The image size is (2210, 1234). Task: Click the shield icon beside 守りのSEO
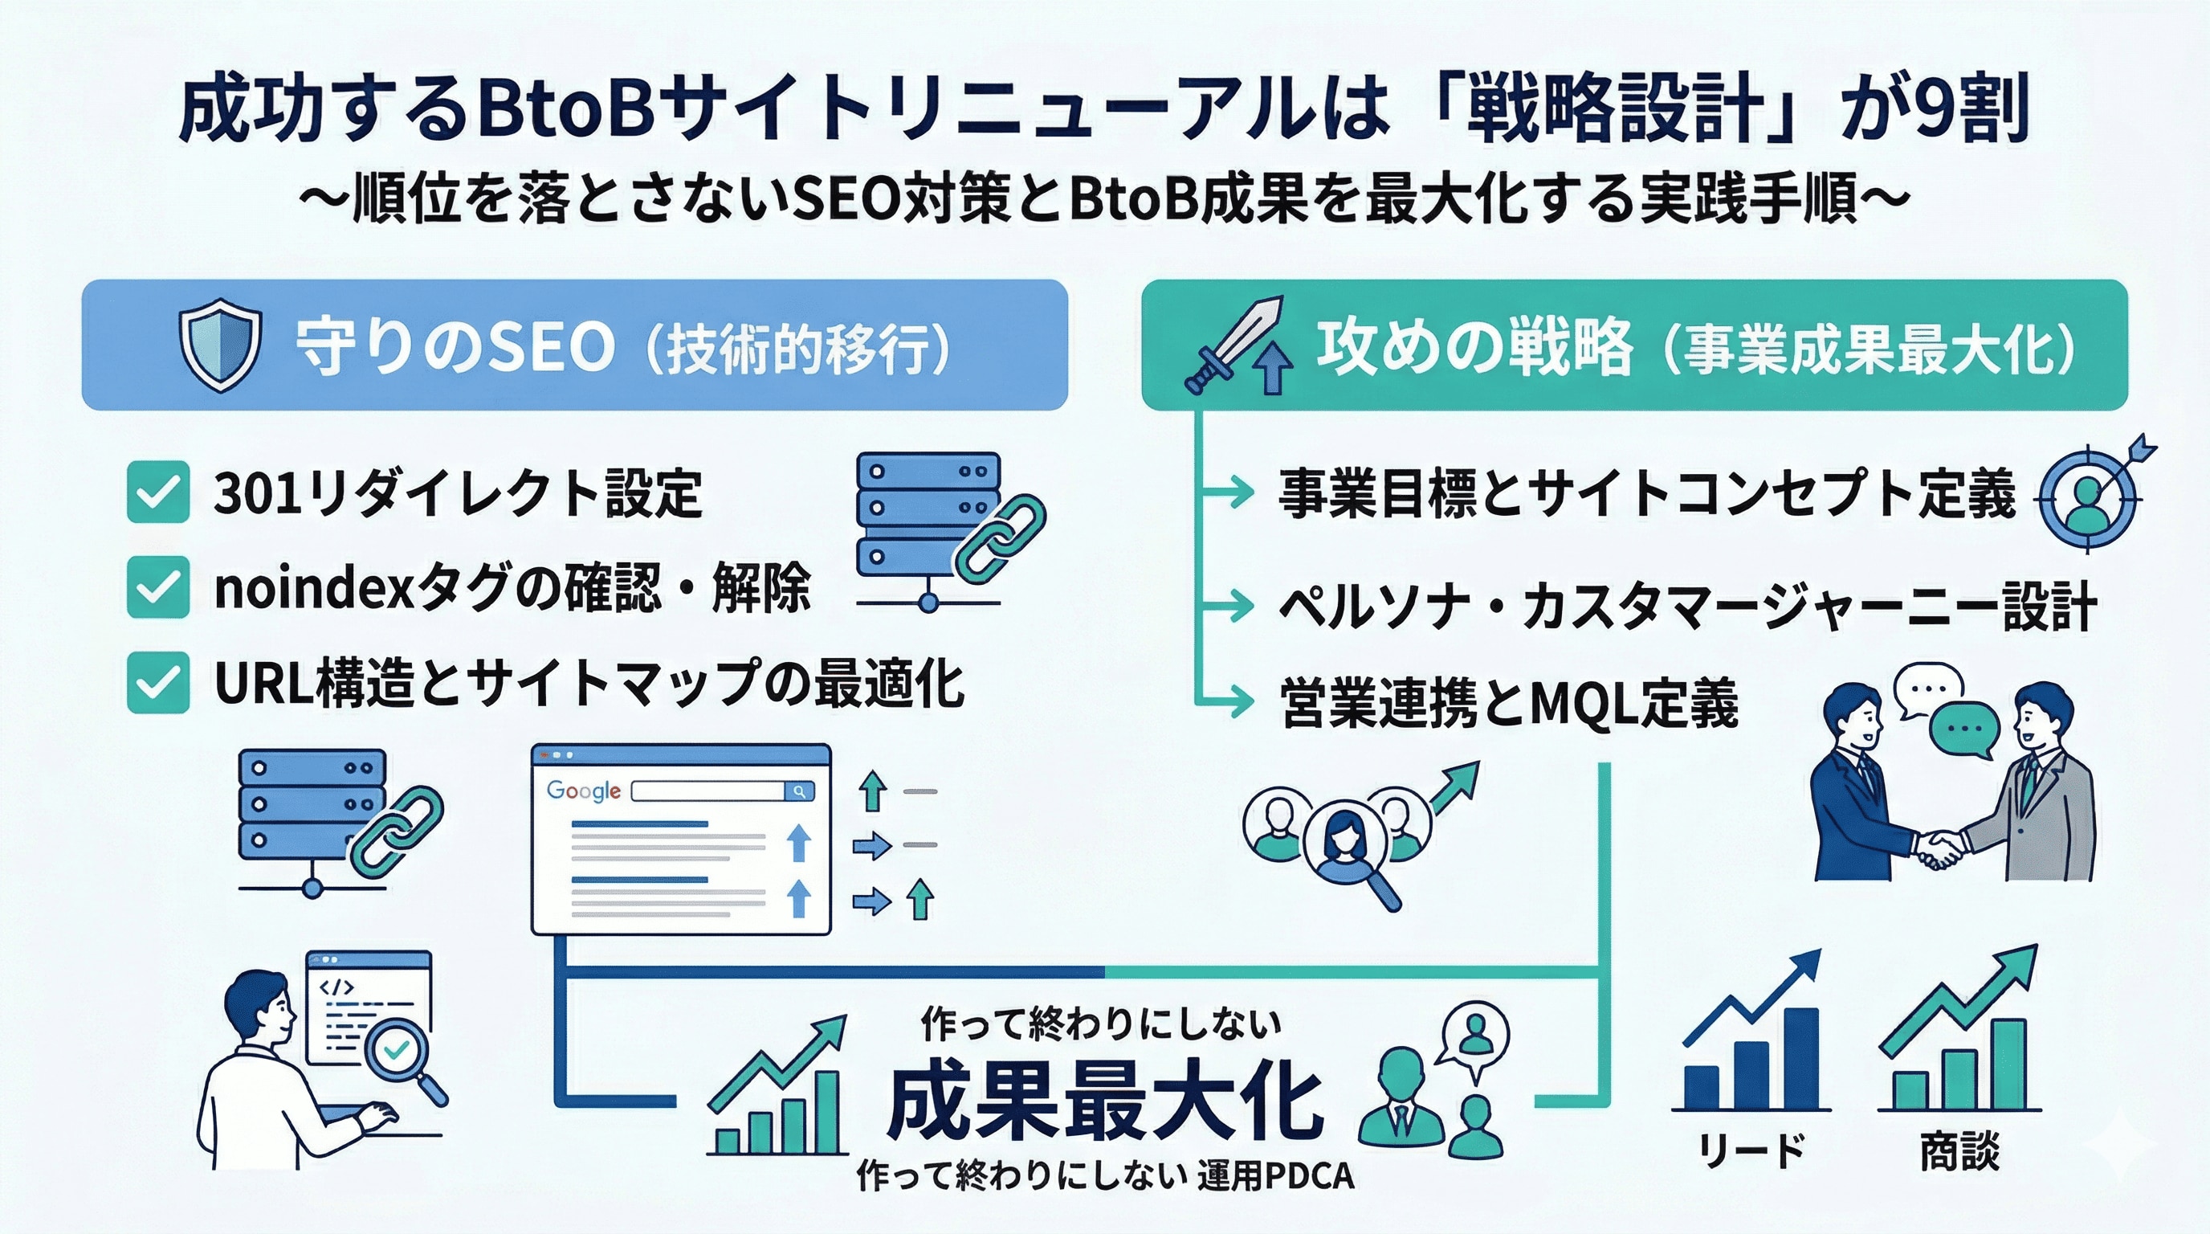218,345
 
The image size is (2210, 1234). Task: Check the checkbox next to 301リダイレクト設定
158,492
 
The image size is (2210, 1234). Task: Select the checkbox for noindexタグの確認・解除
158,588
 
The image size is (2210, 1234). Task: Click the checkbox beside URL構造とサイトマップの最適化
158,683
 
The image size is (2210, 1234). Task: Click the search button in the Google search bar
800,791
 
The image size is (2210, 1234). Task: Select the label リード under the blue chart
1751,1150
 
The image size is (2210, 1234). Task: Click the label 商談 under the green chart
1959,1150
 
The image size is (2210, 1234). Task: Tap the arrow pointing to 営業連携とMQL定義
1235,702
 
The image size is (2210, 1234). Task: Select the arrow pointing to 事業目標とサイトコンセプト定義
1235,492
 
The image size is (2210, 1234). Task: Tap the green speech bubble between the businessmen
1963,731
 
